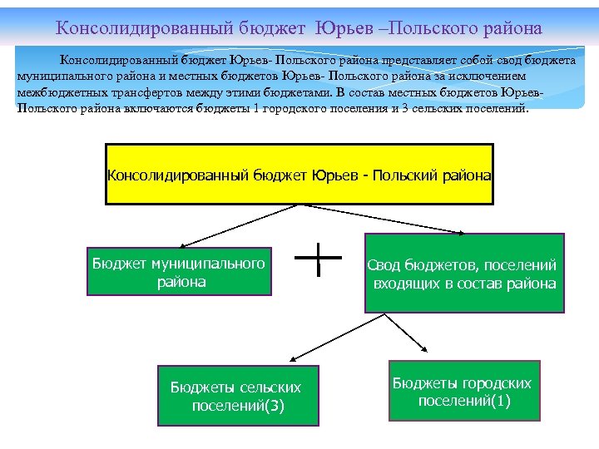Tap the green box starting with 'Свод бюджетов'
(x=464, y=273)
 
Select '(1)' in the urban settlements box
(x=500, y=401)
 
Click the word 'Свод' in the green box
(x=385, y=265)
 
